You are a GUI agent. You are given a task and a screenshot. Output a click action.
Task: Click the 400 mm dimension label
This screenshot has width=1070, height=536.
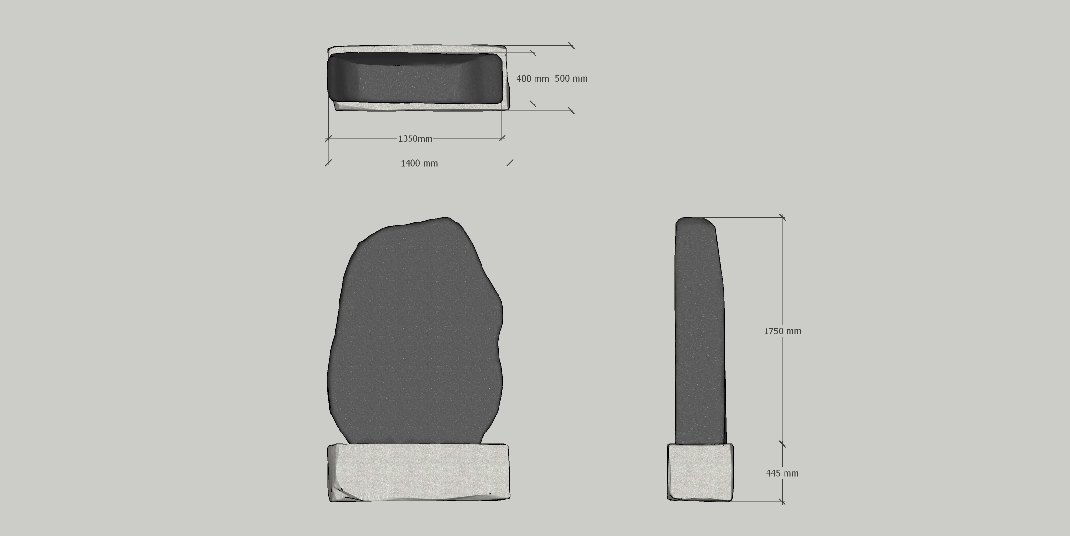click(533, 79)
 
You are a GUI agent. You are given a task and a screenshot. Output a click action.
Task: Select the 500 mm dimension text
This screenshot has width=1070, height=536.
click(571, 79)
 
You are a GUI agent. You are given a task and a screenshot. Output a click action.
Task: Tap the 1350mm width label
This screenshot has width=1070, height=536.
click(415, 139)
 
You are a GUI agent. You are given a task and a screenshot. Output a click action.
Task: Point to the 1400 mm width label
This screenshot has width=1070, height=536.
click(419, 163)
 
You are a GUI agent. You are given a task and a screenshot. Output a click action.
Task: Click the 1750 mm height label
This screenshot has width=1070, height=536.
click(783, 331)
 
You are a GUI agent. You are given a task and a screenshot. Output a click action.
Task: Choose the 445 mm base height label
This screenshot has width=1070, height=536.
click(782, 473)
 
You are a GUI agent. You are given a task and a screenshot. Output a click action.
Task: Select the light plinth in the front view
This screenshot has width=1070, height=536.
click(419, 473)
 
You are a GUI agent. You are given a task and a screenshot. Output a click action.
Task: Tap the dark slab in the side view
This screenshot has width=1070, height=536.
click(700, 330)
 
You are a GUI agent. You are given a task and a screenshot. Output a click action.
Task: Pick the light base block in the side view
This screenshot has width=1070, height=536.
click(700, 472)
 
